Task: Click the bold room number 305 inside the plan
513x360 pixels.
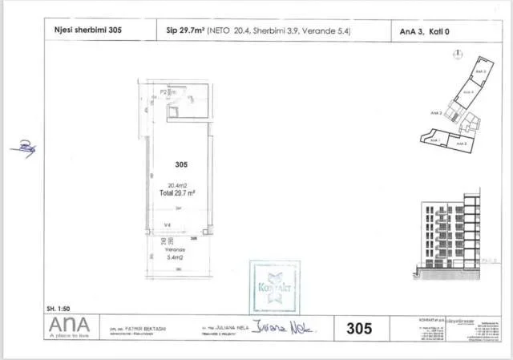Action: click(x=181, y=164)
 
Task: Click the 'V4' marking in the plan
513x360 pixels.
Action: click(x=168, y=225)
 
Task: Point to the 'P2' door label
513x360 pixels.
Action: click(x=164, y=93)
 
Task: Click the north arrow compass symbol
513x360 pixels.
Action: click(x=456, y=55)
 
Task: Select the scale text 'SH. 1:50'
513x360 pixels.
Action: click(x=60, y=309)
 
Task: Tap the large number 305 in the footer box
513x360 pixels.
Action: click(x=362, y=327)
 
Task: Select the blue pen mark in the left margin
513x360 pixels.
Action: click(x=26, y=146)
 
